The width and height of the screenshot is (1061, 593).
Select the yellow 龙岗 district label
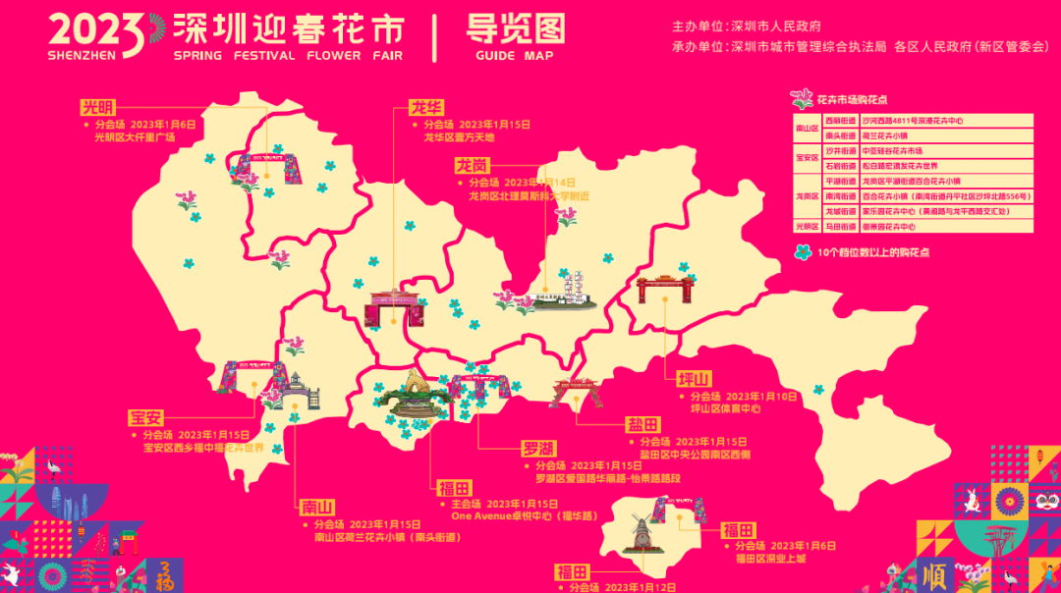pyautogui.click(x=473, y=165)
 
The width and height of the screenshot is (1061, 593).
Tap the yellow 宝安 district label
pyautogui.click(x=146, y=416)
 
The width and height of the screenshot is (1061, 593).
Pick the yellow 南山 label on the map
pyautogui.click(x=318, y=508)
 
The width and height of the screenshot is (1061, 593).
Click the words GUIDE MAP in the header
pyautogui.click(x=514, y=56)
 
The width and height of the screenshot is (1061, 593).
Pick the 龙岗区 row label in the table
pyautogui.click(x=807, y=195)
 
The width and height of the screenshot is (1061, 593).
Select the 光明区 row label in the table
pyautogui.click(x=807, y=226)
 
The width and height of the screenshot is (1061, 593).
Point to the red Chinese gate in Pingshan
pyautogui.click(x=666, y=288)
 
